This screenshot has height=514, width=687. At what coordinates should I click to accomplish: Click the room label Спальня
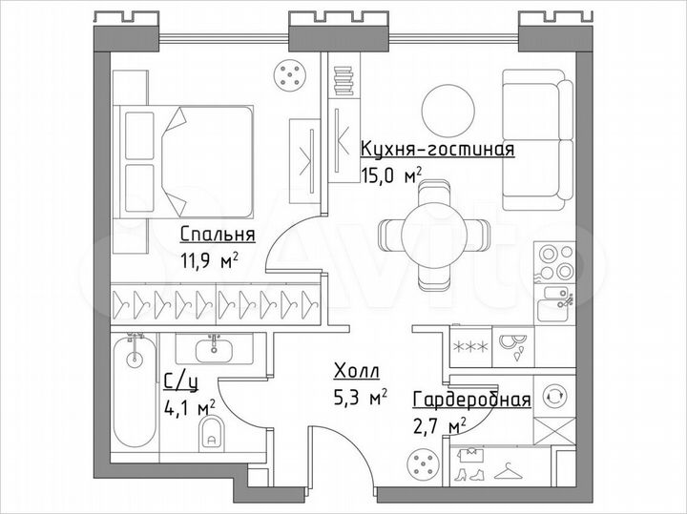coord(218,235)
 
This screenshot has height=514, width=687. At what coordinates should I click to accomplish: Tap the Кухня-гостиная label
coord(438,149)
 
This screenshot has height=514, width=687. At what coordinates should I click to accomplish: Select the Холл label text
coord(356,371)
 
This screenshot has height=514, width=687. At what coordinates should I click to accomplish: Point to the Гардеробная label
coord(471,400)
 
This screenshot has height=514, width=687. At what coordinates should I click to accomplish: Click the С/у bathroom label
coord(180,383)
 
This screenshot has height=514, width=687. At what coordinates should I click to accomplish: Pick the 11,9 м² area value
coord(208,259)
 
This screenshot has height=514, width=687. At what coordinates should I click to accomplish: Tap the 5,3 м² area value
coord(359,396)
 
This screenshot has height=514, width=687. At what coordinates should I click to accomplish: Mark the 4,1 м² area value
coord(189,408)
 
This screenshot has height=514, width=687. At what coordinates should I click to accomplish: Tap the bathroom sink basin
coord(211,346)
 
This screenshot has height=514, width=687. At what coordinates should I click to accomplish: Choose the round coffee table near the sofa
coord(449,112)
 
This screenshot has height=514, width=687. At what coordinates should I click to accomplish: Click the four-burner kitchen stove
coord(554,261)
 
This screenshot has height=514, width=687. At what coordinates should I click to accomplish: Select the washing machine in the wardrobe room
coord(552,395)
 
